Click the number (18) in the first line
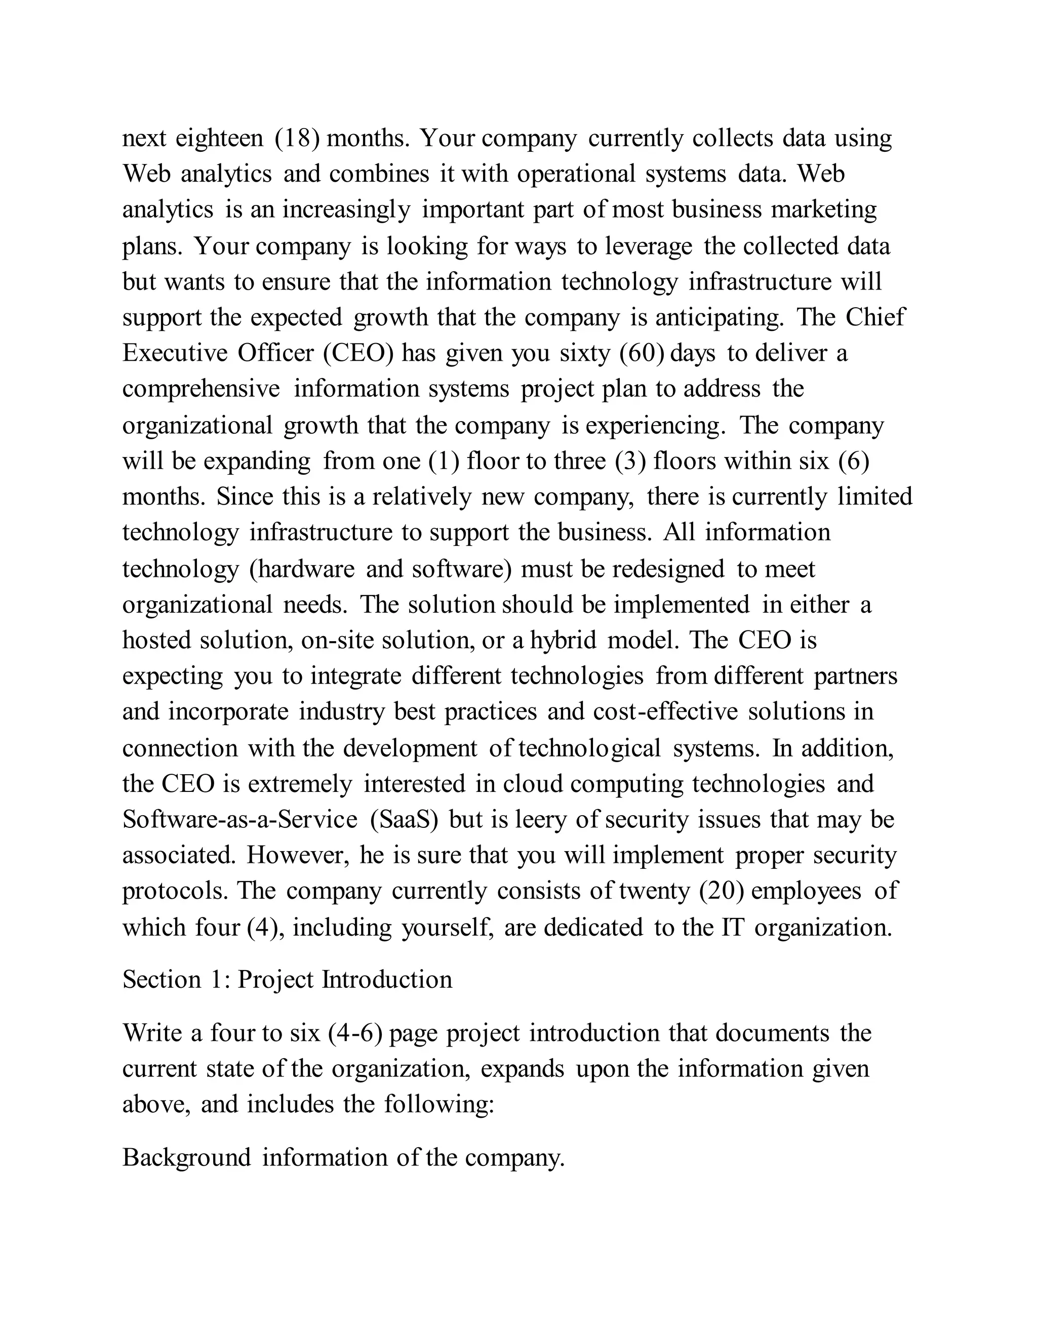297,139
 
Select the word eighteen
219,139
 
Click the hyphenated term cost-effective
665,711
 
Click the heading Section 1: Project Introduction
288,979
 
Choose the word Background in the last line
187,1157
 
